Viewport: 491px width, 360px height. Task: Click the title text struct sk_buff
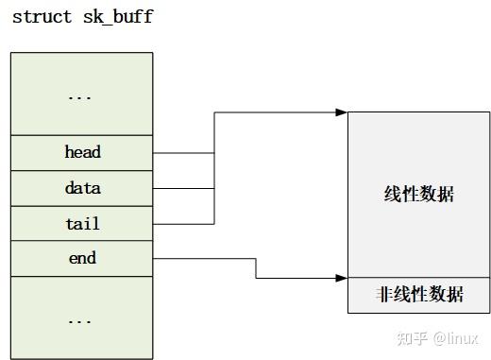[x=82, y=17]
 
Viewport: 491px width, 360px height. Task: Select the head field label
[x=82, y=152]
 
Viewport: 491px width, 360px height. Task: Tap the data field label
[x=82, y=188]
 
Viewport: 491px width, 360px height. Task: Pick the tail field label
[x=82, y=224]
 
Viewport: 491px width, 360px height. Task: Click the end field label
[x=82, y=258]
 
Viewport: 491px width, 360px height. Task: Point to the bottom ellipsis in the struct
[x=82, y=319]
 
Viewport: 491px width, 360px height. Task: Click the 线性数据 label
[x=418, y=194]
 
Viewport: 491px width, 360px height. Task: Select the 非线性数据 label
[x=418, y=295]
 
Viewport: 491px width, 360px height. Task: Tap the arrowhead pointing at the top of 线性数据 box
[x=342, y=112]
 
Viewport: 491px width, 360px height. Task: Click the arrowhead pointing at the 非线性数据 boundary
[x=342, y=278]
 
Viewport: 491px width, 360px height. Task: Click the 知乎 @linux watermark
[x=436, y=338]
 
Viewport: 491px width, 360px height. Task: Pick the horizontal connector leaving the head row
[x=183, y=152]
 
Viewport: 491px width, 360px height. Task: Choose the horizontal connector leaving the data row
[x=183, y=188]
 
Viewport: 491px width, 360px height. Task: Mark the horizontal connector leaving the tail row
[x=183, y=224]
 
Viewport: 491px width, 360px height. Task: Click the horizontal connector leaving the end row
[x=203, y=258]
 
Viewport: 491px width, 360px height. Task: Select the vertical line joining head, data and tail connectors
[x=214, y=170]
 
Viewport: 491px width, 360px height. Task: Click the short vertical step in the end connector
[x=256, y=268]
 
